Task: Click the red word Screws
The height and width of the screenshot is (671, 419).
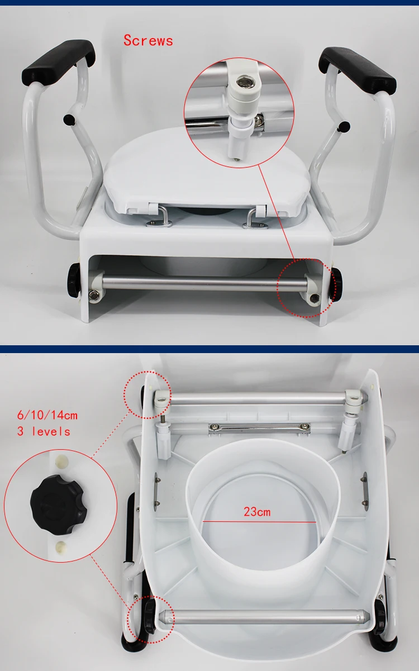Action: click(x=148, y=41)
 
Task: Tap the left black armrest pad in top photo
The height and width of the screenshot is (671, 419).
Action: click(x=59, y=60)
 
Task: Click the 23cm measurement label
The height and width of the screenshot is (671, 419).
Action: click(x=256, y=512)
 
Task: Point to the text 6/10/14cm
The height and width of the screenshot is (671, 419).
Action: click(x=47, y=415)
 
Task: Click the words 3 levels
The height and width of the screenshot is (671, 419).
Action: click(x=44, y=431)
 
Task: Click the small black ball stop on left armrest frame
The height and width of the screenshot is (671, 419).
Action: click(x=69, y=118)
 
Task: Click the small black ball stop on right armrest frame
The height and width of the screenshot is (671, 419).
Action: click(x=345, y=126)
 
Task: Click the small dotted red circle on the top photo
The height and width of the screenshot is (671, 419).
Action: click(x=306, y=287)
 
